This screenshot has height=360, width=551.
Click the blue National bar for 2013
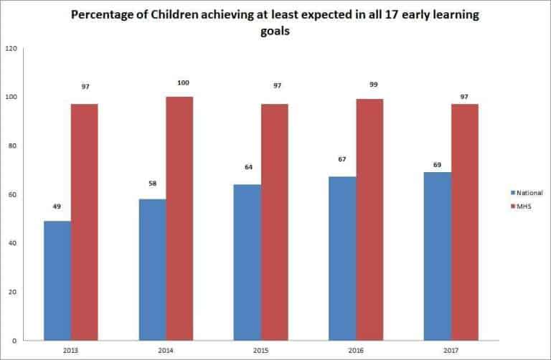(x=57, y=280)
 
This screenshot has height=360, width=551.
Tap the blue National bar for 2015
(x=248, y=262)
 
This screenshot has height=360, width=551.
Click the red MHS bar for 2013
(x=85, y=222)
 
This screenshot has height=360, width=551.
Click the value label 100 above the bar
(x=182, y=83)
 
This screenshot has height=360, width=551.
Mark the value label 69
(x=438, y=165)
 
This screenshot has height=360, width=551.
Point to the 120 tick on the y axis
(x=11, y=49)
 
